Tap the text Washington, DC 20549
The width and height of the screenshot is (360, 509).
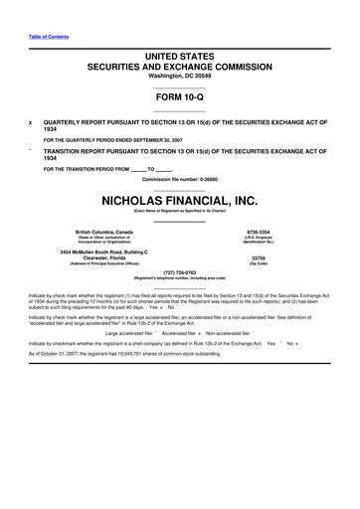click(180, 76)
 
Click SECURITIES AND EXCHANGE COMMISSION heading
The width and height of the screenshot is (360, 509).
click(180, 66)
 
